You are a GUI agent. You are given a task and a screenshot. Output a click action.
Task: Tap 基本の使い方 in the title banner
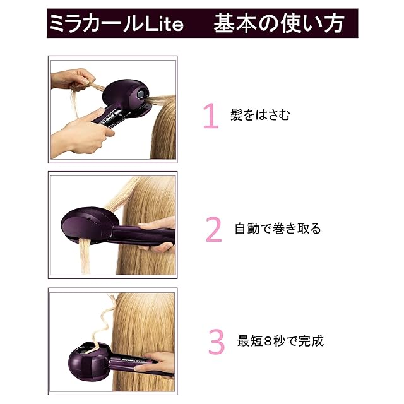click(x=279, y=23)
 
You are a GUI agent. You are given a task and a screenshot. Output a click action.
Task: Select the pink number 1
click(x=211, y=116)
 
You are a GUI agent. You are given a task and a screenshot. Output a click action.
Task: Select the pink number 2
click(x=213, y=229)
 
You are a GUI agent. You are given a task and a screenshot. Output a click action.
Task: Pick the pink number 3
click(x=216, y=342)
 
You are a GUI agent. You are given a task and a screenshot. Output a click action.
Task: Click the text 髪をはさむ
click(x=260, y=115)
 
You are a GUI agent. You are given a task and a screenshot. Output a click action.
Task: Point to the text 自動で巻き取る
click(x=278, y=229)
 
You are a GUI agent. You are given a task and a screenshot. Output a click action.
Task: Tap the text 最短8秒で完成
click(x=280, y=341)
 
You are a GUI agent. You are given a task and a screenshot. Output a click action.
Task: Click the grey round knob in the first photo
click(x=141, y=94)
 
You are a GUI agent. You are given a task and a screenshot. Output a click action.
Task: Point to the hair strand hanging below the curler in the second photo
click(x=85, y=256)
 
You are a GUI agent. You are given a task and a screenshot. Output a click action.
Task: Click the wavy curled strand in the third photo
click(x=102, y=322)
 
